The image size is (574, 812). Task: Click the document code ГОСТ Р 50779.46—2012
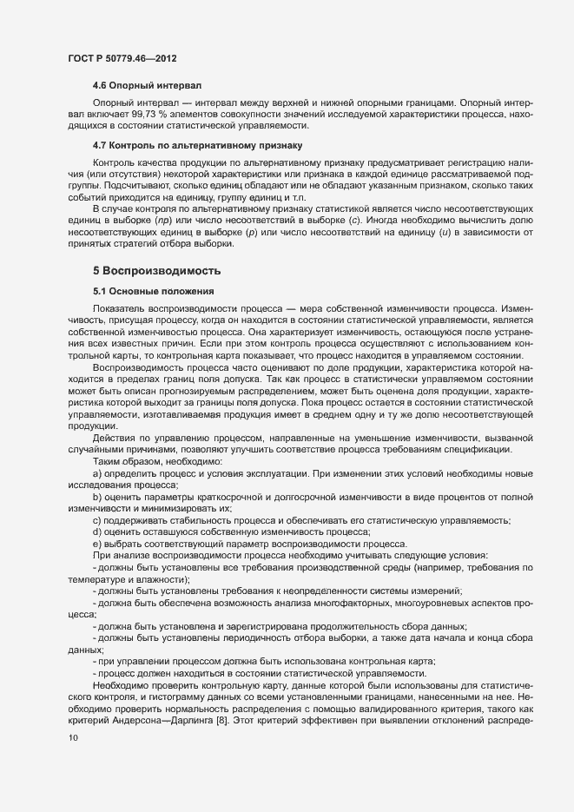coord(123,56)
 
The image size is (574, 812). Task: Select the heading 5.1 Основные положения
coord(147,290)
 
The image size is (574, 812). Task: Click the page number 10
coord(73,738)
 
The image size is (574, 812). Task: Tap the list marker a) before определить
coord(97,474)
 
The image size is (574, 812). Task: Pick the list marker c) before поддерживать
coord(97,520)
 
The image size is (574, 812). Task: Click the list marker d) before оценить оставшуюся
coord(97,531)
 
